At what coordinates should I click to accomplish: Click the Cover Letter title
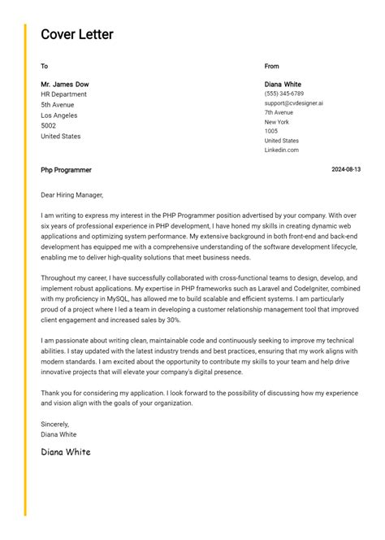[x=77, y=34]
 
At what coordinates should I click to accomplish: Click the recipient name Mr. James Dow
[x=65, y=84]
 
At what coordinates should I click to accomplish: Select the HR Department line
[x=63, y=94]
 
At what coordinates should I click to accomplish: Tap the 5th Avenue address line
[x=57, y=105]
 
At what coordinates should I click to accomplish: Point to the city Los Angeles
[x=59, y=115]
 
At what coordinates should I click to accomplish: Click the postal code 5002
[x=49, y=126]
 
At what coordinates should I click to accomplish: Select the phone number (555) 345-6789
[x=284, y=94]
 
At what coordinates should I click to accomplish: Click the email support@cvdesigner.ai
[x=293, y=103]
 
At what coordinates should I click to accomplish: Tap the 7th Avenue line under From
[x=279, y=113]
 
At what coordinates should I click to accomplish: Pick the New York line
[x=276, y=122]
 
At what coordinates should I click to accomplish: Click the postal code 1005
[x=270, y=131]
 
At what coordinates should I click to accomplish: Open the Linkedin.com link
[x=281, y=150]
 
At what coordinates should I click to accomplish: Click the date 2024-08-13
[x=346, y=170]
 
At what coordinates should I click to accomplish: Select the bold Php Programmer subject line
[x=66, y=170]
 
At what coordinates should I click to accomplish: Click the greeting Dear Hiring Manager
[x=72, y=195]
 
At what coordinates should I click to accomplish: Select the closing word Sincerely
[x=55, y=424]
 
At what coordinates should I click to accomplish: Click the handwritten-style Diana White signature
[x=66, y=451]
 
